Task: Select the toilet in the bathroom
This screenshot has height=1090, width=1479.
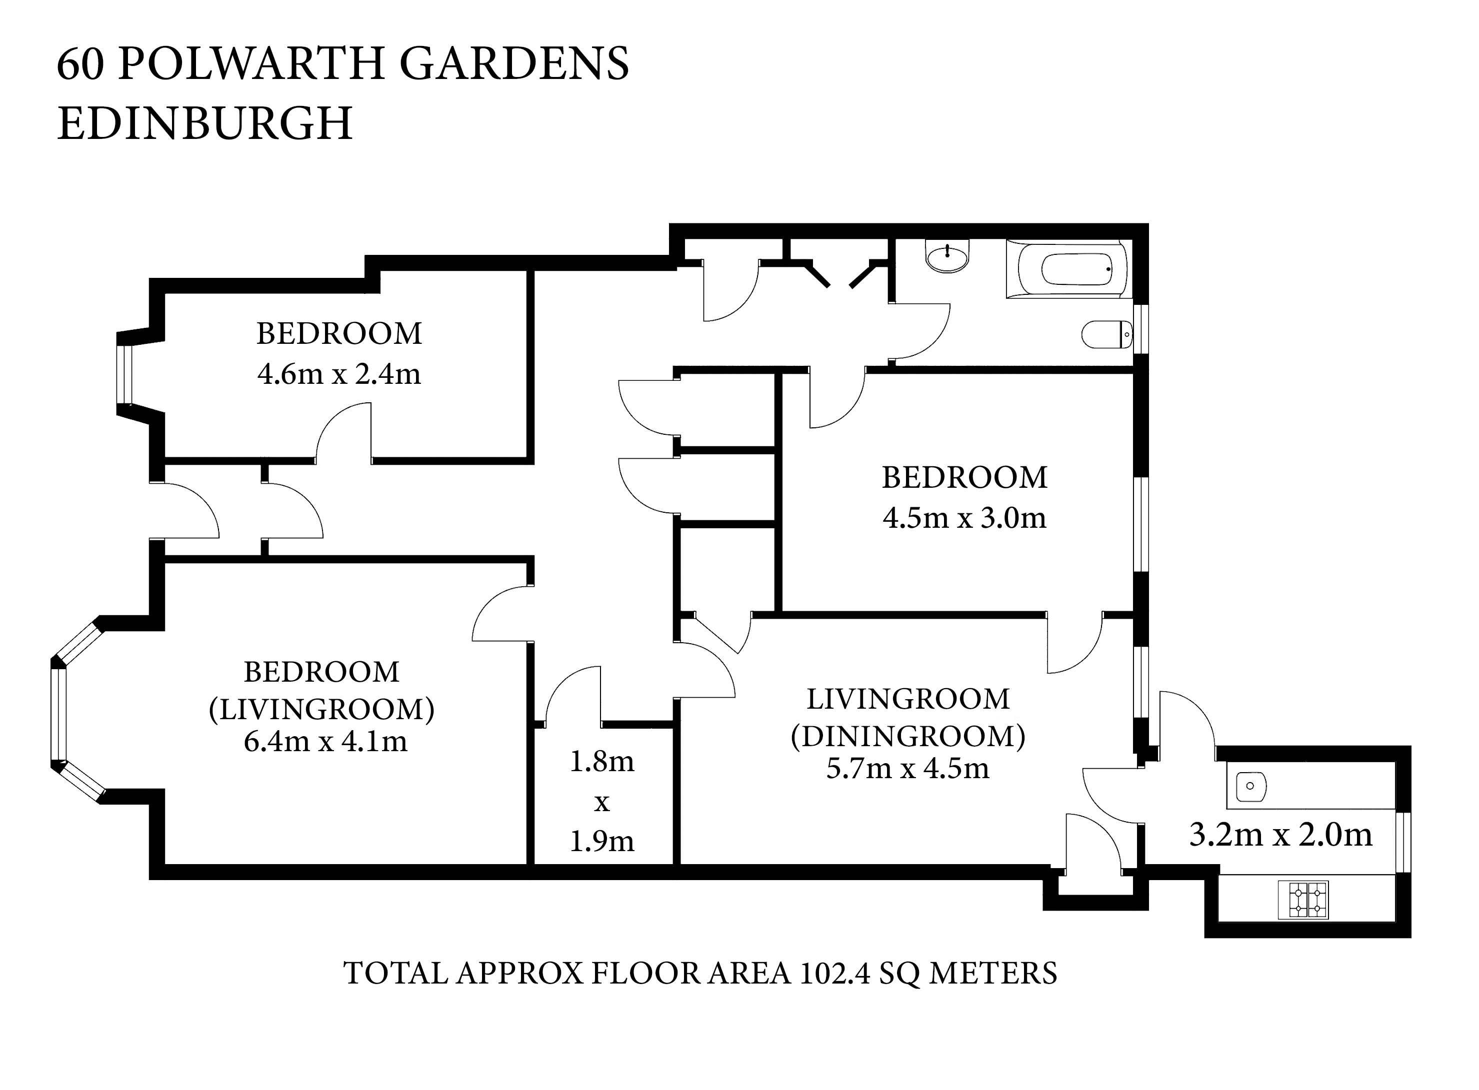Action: pyautogui.click(x=1107, y=334)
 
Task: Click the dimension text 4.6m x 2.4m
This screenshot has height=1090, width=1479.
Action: pyautogui.click(x=338, y=374)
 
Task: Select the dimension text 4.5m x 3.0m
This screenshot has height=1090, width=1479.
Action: pyautogui.click(x=964, y=518)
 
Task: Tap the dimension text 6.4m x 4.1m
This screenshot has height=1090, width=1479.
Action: pyautogui.click(x=325, y=742)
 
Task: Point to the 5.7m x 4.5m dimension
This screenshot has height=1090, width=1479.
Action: pyautogui.click(x=907, y=769)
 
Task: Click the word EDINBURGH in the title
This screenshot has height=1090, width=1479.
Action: pyautogui.click(x=204, y=123)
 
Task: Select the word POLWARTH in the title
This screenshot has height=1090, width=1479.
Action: pyautogui.click(x=251, y=64)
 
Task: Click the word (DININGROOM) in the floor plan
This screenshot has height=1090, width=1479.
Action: pyautogui.click(x=908, y=736)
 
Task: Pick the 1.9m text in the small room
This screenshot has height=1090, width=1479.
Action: pyautogui.click(x=601, y=841)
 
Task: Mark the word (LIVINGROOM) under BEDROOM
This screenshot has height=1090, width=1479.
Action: pyautogui.click(x=322, y=709)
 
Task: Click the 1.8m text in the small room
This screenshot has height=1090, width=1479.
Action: pyautogui.click(x=601, y=762)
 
